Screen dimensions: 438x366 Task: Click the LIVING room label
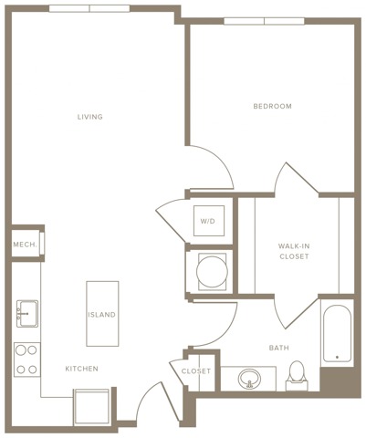(x=89, y=117)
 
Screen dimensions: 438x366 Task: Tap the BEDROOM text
(x=272, y=107)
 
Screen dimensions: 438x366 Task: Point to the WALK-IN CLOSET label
(x=294, y=252)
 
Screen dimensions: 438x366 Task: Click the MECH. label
(x=24, y=245)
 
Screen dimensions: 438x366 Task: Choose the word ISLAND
(x=101, y=315)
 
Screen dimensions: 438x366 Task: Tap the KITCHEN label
(x=81, y=369)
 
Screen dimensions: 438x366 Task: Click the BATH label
(x=279, y=348)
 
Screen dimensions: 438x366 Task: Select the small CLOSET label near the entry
(x=195, y=371)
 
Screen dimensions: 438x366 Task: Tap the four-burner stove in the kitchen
(x=26, y=360)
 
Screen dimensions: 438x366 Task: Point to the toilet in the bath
(x=297, y=374)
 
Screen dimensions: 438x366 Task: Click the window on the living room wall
(x=89, y=8)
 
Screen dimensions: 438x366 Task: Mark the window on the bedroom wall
(x=264, y=20)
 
